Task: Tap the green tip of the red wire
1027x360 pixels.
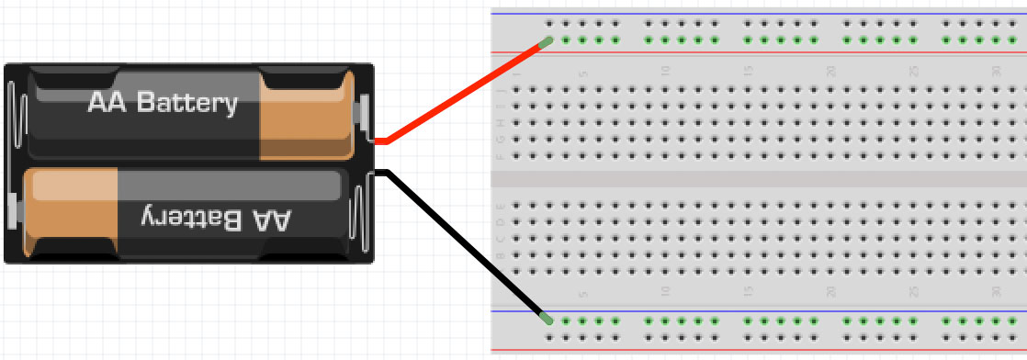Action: coord(546,41)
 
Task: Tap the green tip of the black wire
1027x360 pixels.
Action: coord(547,319)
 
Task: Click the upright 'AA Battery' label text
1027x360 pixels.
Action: coord(163,103)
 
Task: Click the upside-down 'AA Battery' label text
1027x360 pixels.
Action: coord(217,219)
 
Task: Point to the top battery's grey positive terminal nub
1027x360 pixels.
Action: coord(365,112)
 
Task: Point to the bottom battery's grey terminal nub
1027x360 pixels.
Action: coord(12,210)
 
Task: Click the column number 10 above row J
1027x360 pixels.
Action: coord(665,72)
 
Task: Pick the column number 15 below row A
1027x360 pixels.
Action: coord(748,293)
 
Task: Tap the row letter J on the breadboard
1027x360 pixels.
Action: coord(500,90)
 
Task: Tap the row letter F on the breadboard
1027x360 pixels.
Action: coord(500,156)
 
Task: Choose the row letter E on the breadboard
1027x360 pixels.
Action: coord(500,206)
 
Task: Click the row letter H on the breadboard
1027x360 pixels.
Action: coord(500,123)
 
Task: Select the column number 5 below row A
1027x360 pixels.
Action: coord(582,293)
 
